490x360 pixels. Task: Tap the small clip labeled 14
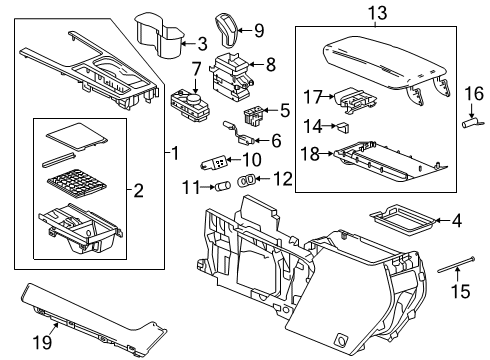tap(343, 127)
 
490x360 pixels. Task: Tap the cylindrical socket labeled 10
tap(218, 160)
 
